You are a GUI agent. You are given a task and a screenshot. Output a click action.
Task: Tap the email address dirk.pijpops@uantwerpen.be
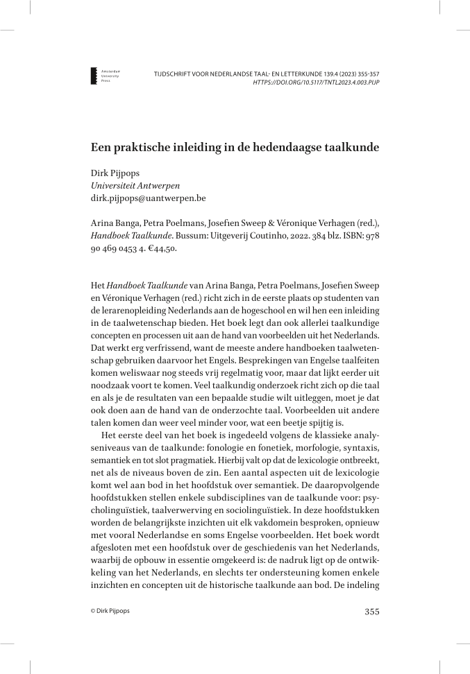coord(149,198)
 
